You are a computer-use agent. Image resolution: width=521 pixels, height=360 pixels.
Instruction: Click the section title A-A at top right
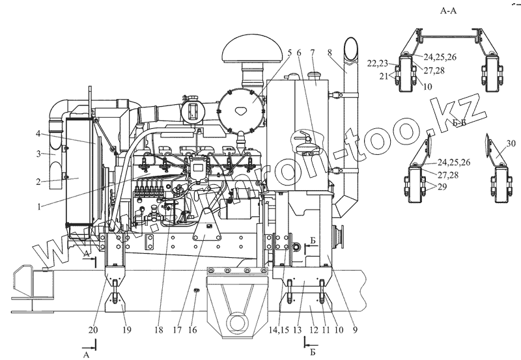coord(452,11)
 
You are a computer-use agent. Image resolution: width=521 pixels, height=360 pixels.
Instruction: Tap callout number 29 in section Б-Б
coord(443,187)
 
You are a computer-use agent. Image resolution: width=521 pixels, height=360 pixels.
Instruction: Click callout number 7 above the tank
coord(313,52)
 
